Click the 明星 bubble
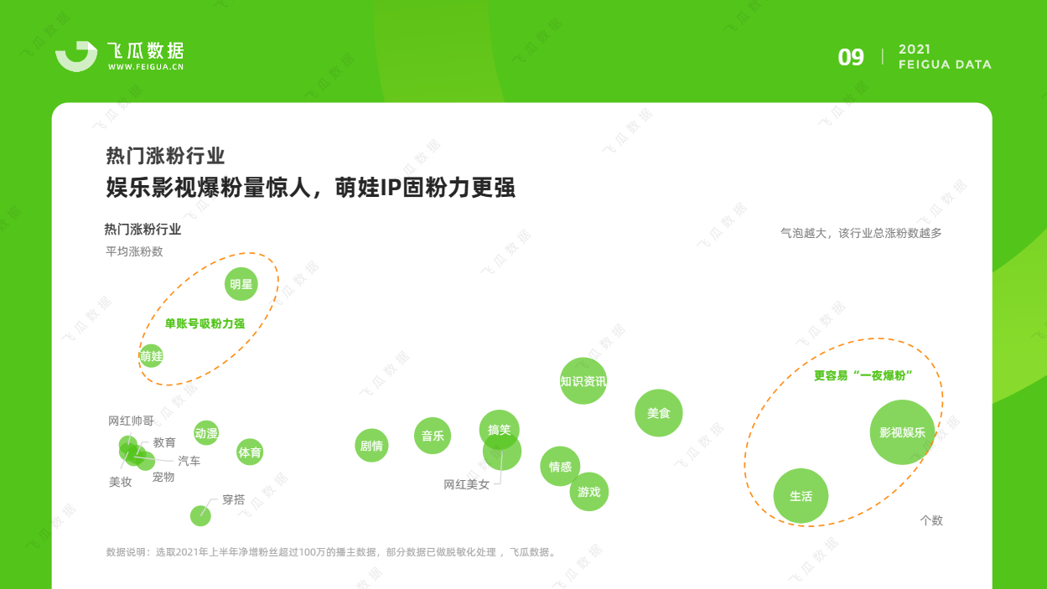pos(241,284)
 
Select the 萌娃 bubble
pos(151,356)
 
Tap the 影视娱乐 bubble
pos(902,432)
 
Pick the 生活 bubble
pos(801,496)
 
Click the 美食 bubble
pos(659,413)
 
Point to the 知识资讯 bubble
pos(583,380)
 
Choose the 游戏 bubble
pos(589,491)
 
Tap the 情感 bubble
pos(560,466)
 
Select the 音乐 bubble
pos(433,436)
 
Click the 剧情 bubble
pos(371,445)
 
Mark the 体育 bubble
pos(250,452)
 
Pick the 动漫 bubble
pos(206,433)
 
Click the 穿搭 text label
pos(233,499)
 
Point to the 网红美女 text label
pos(466,484)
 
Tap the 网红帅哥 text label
pos(131,421)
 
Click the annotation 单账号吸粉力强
pos(205,323)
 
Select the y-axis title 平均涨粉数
pos(134,251)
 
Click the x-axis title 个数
pos(931,520)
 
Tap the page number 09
pos(851,58)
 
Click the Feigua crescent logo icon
pos(76,56)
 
